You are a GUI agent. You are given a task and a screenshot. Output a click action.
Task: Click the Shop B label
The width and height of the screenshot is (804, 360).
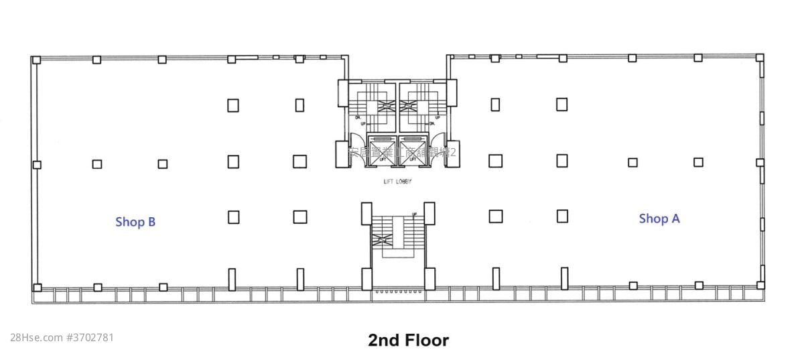135,222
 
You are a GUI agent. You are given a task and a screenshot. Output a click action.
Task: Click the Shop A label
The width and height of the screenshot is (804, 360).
659,219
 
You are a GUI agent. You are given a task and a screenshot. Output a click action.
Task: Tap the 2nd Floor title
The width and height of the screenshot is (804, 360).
408,340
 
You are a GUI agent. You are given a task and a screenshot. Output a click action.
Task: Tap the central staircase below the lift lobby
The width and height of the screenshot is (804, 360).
398,238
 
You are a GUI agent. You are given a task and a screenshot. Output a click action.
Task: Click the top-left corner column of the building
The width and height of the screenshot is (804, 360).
36,60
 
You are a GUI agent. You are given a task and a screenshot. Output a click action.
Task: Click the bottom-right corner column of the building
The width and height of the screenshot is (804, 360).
760,285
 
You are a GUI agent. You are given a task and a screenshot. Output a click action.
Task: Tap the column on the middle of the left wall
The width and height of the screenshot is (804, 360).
37,164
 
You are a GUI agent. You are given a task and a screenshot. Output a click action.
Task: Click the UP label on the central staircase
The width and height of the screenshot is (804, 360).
415,215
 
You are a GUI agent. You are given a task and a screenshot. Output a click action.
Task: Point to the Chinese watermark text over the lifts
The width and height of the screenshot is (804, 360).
402,153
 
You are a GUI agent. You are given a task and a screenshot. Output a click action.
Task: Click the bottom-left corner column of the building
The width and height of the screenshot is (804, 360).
37,288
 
